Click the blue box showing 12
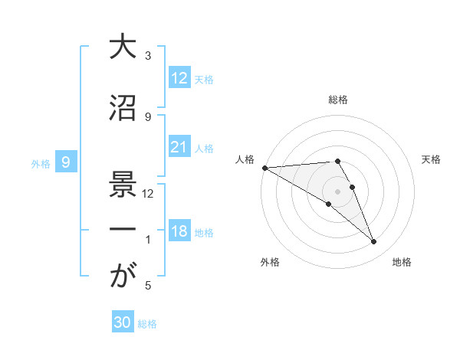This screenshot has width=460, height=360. (x=179, y=78)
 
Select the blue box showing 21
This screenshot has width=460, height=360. (x=179, y=147)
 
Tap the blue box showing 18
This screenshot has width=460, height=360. (x=179, y=232)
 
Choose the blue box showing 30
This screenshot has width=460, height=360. (x=123, y=322)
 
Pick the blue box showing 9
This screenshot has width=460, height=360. (x=67, y=162)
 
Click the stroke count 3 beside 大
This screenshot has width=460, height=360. (x=148, y=56)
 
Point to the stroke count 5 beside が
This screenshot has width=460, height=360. (x=148, y=286)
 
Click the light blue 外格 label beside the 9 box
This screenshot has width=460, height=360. (x=41, y=163)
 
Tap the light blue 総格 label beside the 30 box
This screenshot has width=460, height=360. (x=148, y=324)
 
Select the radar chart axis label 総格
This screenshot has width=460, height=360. (x=338, y=100)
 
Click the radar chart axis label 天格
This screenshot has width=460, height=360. (x=432, y=159)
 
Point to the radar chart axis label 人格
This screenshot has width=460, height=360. (x=245, y=159)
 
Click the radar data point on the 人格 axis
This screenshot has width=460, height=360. (x=264, y=168)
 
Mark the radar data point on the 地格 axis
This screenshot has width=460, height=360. (x=374, y=242)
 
